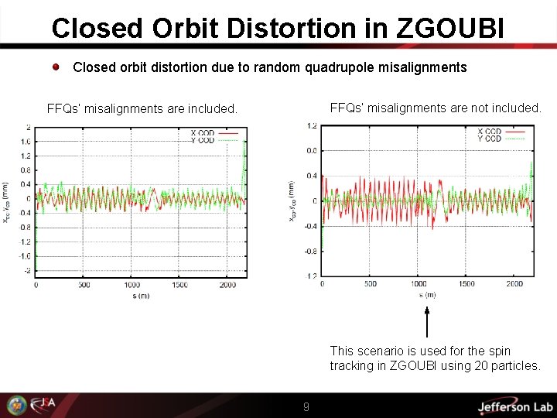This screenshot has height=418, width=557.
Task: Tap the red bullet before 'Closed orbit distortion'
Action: [x=57, y=67]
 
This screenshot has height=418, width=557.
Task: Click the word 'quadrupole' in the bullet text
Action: [x=341, y=67]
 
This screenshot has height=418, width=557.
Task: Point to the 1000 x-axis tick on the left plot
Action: [x=132, y=286]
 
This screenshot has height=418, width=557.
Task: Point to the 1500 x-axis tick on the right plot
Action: [x=467, y=284]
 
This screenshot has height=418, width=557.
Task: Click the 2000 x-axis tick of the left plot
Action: [x=227, y=286]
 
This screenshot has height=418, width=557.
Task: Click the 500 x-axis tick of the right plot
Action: [x=371, y=284]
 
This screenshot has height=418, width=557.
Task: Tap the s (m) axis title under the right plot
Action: [x=427, y=295]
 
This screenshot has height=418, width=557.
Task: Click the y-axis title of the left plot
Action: [x=6, y=203]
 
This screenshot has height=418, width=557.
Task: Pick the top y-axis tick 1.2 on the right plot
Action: [x=311, y=125]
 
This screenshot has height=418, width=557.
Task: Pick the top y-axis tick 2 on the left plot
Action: [x=28, y=127]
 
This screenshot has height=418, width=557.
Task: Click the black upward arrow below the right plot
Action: [x=426, y=321]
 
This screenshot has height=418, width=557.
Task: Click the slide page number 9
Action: [x=306, y=406]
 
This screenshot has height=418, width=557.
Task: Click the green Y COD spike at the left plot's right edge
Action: [x=245, y=166]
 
